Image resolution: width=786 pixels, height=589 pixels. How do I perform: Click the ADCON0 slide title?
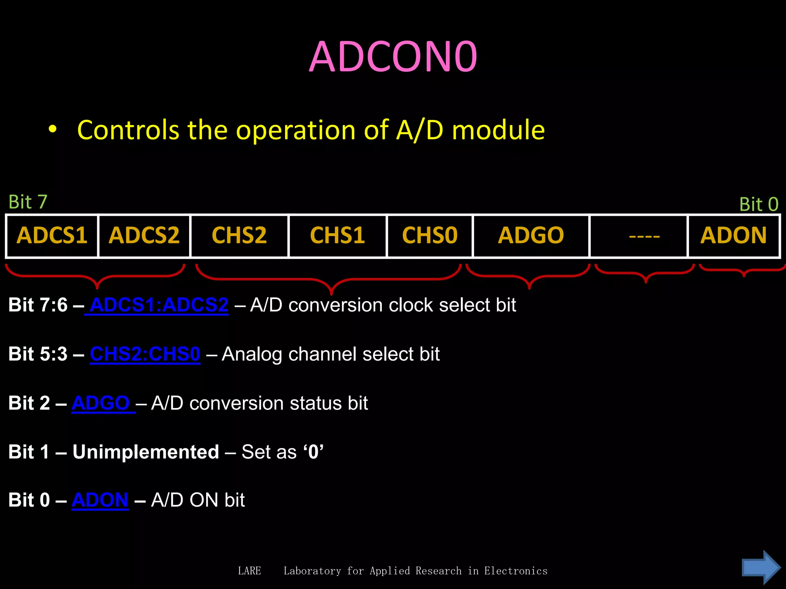coord(393,58)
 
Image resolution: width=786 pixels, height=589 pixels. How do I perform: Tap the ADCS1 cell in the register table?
coord(52,235)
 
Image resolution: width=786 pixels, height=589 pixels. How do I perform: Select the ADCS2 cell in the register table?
coord(144,235)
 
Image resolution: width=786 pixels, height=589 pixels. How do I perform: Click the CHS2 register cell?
coord(239,235)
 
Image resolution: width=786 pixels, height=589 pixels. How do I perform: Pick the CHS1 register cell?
coord(337,235)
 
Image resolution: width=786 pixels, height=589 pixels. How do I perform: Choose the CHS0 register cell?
coord(430,235)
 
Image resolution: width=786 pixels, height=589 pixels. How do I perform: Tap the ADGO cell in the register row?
coord(531,235)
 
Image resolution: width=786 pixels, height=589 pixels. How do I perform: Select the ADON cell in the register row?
coord(733,235)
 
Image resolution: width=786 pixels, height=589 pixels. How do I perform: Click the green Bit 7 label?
coord(28,202)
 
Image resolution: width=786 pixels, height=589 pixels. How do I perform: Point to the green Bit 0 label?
coord(759,204)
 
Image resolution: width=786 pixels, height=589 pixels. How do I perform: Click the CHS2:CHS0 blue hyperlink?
coord(145,354)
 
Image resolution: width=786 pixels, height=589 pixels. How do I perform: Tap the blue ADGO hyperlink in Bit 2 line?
coord(101,403)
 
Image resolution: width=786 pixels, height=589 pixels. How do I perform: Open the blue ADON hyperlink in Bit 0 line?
coord(100,500)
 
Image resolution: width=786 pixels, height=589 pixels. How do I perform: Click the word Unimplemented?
coord(146,452)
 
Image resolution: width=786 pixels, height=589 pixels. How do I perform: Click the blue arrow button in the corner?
coord(761,568)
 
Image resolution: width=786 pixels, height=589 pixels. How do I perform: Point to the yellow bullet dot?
coord(53,130)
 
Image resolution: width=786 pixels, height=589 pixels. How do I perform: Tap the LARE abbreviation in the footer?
coord(249,571)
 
